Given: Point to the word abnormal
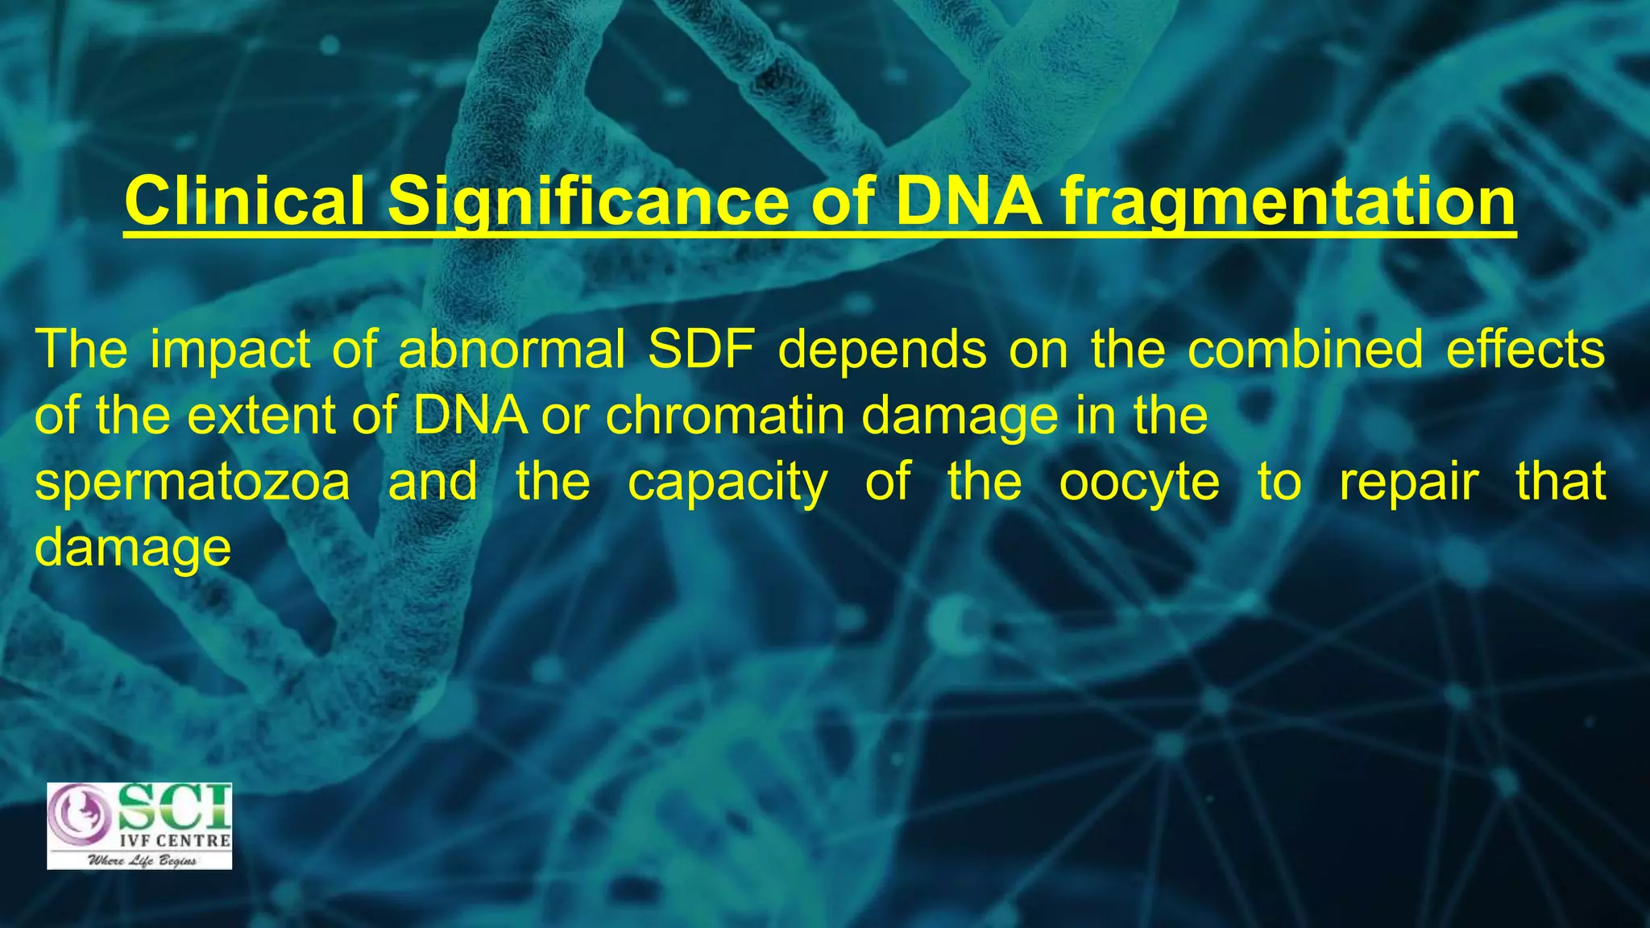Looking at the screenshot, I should click(x=512, y=351).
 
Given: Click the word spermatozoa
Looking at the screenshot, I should click(x=193, y=483).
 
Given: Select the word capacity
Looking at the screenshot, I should click(x=727, y=483).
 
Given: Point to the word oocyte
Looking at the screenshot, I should click(x=1138, y=483).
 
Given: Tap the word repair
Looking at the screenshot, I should click(x=1408, y=483).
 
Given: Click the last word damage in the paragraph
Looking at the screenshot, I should click(x=133, y=549).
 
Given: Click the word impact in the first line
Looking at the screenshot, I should click(x=230, y=351).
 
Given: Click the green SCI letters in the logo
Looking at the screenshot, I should click(x=175, y=808).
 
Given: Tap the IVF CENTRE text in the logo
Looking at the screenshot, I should click(x=175, y=840).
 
